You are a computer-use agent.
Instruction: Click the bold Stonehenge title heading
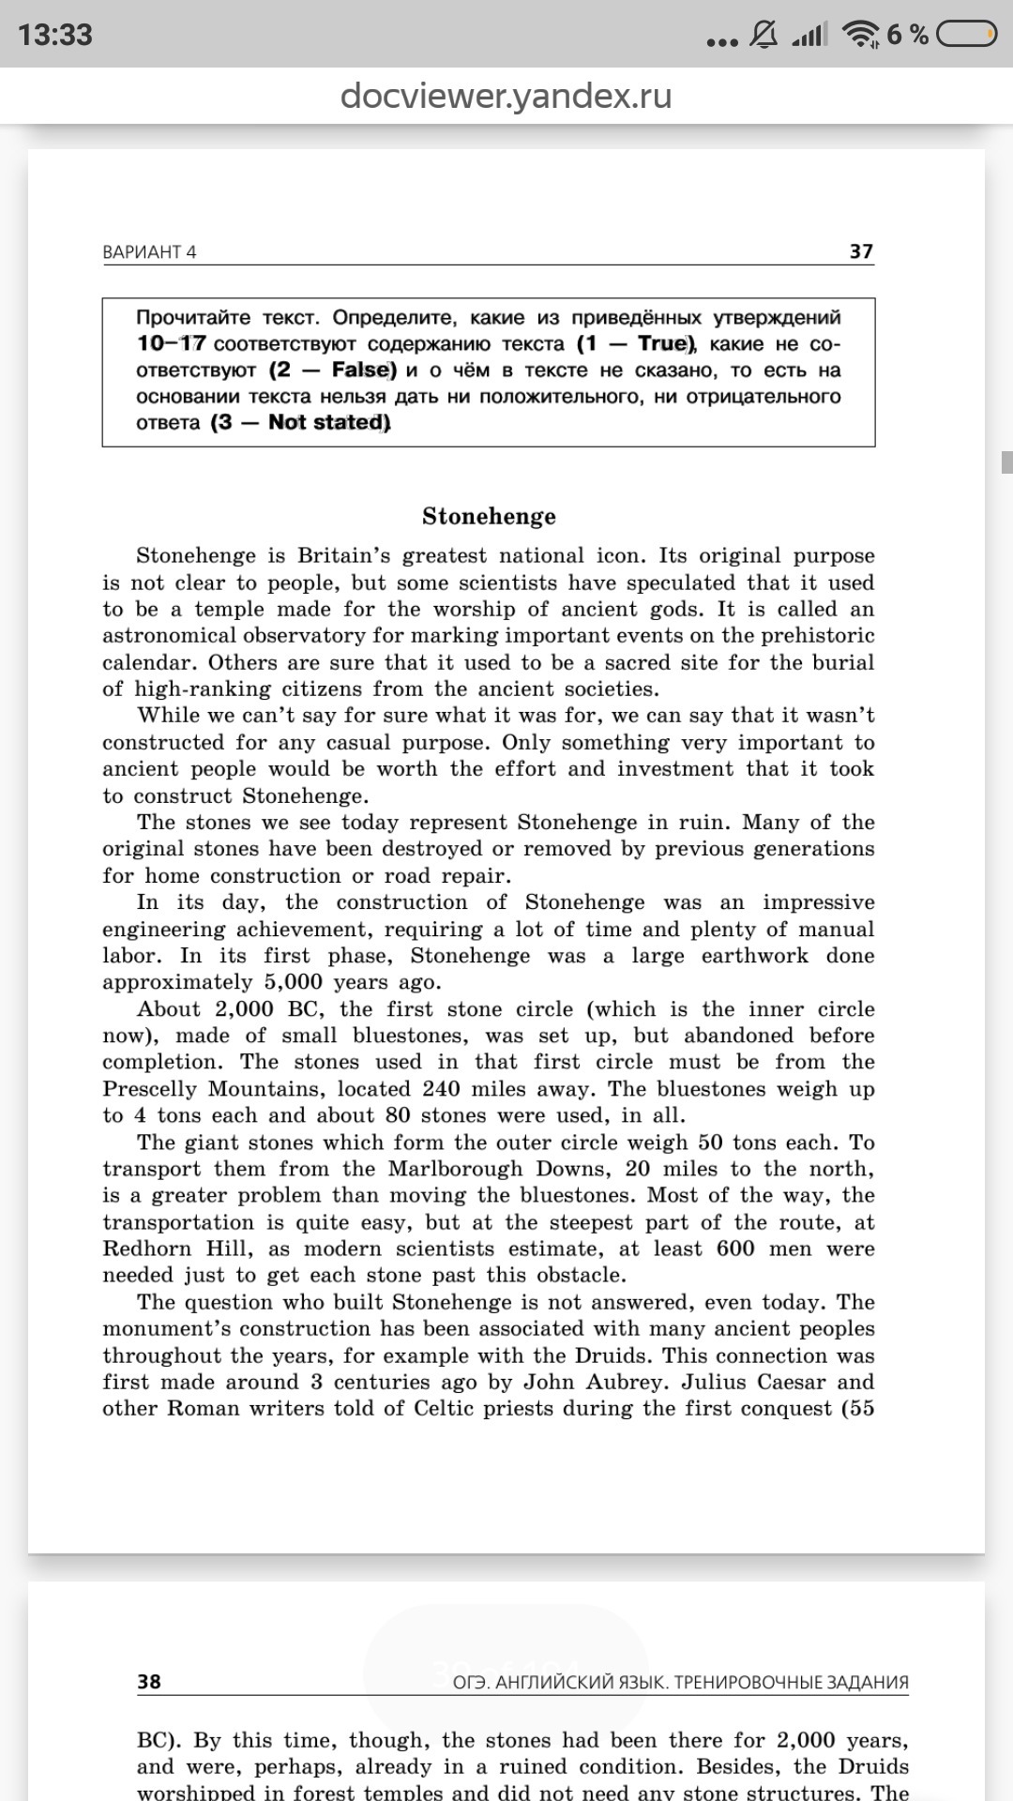point(489,516)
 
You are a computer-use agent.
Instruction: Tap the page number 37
point(861,251)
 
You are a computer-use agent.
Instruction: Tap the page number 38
point(149,1681)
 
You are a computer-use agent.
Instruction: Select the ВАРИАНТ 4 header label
point(149,251)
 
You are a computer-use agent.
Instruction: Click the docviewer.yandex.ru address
point(506,96)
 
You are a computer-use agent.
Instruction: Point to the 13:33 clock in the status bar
point(55,35)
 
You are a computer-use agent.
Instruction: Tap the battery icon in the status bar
point(966,35)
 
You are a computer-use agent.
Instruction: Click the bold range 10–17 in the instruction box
point(171,343)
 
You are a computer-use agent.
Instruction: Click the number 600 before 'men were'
point(734,1249)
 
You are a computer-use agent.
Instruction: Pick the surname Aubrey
point(627,1382)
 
